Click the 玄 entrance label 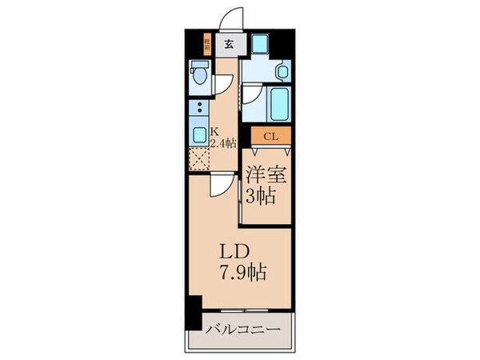tap(229, 43)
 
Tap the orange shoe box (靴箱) tap(206, 43)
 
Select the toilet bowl tap(200, 78)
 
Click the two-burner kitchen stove tap(198, 108)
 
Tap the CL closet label tap(270, 137)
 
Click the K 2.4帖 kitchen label tap(223, 138)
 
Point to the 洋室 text tap(266, 172)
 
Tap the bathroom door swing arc tap(254, 97)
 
